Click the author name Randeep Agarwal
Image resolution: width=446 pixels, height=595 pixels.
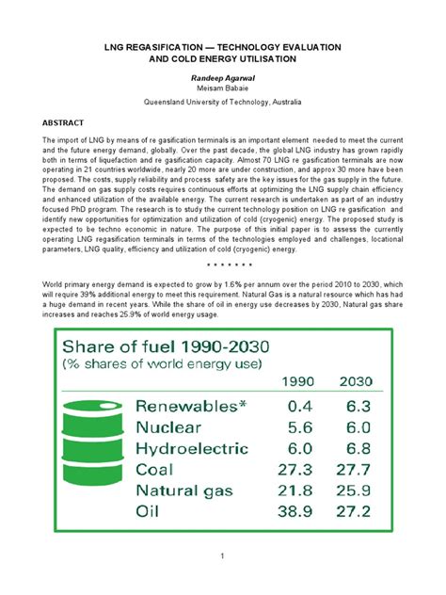tap(222, 74)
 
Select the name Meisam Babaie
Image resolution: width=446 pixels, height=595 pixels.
tap(222, 86)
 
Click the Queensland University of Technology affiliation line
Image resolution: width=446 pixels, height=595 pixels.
tap(222, 101)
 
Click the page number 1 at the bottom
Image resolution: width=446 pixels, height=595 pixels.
tap(222, 557)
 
